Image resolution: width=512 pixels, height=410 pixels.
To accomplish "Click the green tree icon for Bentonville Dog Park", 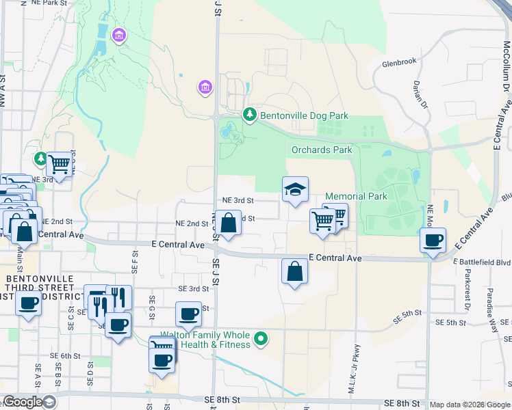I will click(251, 115).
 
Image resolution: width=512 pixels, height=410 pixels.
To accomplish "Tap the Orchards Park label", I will click(321, 150).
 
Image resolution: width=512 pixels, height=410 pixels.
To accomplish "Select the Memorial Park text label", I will click(356, 196).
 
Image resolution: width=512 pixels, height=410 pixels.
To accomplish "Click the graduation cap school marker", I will click(295, 189).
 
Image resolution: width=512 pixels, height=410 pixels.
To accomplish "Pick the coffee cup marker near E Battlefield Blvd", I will click(433, 241).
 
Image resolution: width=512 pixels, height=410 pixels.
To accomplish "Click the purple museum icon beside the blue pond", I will click(119, 35).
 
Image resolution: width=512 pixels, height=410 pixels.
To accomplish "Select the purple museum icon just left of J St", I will click(205, 87).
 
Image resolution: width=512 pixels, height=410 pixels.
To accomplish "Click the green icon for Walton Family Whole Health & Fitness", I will click(260, 339).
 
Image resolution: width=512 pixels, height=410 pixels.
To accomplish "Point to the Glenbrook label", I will click(399, 61).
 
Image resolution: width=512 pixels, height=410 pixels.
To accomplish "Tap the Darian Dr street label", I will click(420, 94).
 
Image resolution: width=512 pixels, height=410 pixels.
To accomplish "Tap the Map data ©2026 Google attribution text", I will click(470, 405).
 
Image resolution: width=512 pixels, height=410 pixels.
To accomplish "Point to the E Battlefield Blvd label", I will click(482, 262).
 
